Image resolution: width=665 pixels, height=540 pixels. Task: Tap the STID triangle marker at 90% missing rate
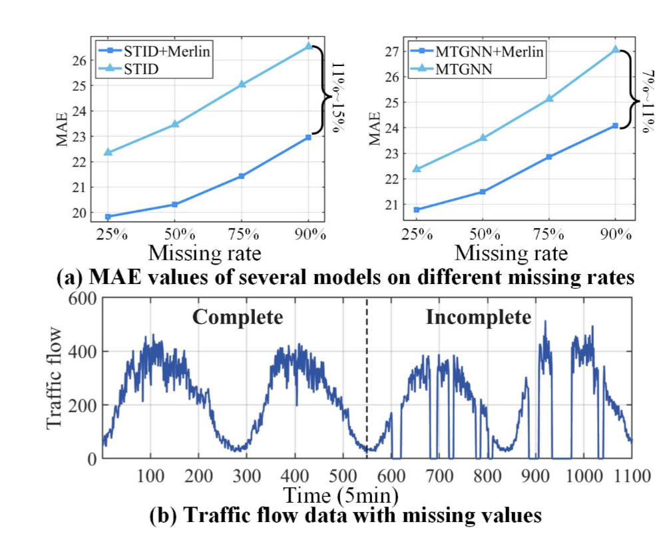[308, 46]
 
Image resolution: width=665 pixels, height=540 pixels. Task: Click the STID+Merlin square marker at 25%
[108, 217]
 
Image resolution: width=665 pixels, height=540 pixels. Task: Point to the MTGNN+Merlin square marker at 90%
[616, 125]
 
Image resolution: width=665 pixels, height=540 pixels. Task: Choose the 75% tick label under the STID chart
[242, 234]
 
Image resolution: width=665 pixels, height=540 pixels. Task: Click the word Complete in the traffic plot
[238, 317]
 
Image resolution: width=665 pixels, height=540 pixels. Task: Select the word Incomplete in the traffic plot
[479, 317]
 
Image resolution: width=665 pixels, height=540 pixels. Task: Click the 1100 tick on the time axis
[631, 475]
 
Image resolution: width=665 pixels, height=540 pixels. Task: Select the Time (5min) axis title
[341, 495]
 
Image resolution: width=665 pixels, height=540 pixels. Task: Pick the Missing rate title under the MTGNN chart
[511, 253]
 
